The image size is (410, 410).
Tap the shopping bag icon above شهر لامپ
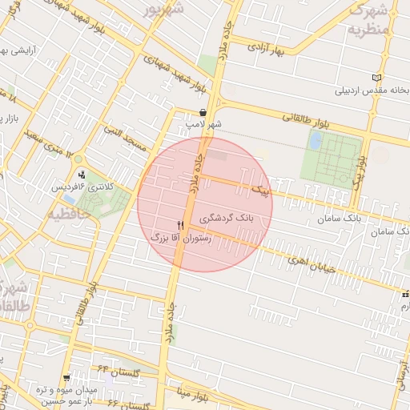(x=203, y=113)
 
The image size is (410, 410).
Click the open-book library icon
(x=377, y=78)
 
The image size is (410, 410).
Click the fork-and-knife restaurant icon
(x=179, y=225)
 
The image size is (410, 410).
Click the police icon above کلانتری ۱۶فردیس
(x=82, y=175)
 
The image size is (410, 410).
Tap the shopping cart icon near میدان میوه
(x=66, y=376)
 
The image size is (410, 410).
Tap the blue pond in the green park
(x=316, y=141)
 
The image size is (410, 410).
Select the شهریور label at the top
(x=164, y=10)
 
